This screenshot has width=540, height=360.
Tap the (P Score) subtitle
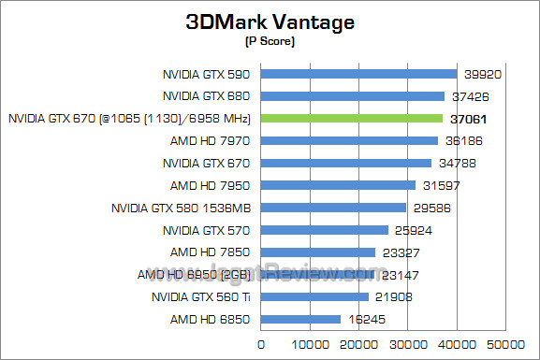[270, 41]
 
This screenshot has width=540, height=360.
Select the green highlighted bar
[352, 118]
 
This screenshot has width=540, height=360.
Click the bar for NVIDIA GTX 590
[358, 73]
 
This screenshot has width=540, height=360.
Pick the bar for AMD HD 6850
[300, 319]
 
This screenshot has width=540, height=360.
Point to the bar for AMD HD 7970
[349, 140]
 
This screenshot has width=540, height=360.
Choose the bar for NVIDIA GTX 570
[324, 230]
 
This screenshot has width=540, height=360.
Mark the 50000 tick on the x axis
[506, 344]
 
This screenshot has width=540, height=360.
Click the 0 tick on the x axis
[261, 344]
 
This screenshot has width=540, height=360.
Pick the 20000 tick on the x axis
[358, 344]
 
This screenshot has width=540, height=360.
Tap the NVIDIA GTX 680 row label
[206, 95]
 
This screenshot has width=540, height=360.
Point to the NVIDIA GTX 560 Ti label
[200, 297]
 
